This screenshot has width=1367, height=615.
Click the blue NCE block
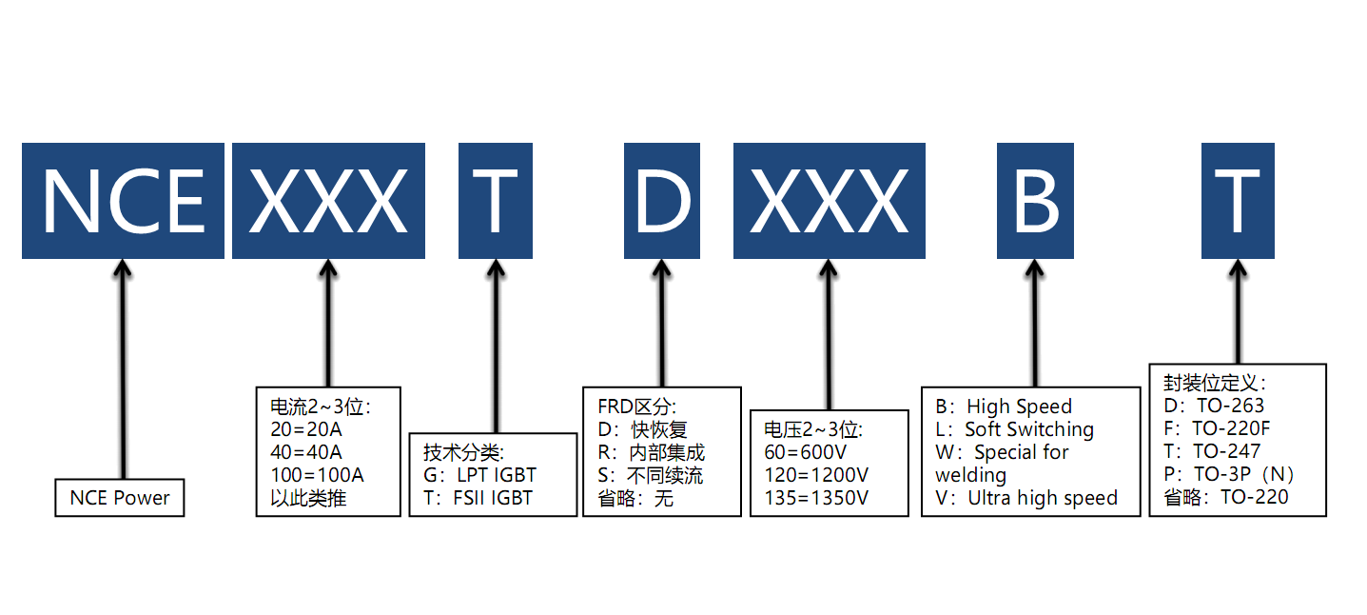[123, 201]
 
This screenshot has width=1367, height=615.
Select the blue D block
[662, 201]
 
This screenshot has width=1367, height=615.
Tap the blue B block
[1035, 201]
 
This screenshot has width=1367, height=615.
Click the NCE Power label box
[120, 498]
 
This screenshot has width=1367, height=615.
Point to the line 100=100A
[318, 474]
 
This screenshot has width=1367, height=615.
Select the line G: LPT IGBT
[479, 474]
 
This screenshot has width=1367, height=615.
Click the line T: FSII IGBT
[478, 497]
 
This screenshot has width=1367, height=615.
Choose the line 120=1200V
[816, 474]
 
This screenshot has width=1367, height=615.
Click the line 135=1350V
[816, 497]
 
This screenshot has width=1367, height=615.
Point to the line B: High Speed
[1004, 407]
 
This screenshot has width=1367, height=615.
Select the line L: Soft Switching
[1015, 429]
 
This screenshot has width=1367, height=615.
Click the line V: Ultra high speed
[1026, 497]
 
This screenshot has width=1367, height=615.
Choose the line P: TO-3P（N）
[1230, 474]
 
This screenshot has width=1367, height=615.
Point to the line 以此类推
[307, 497]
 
